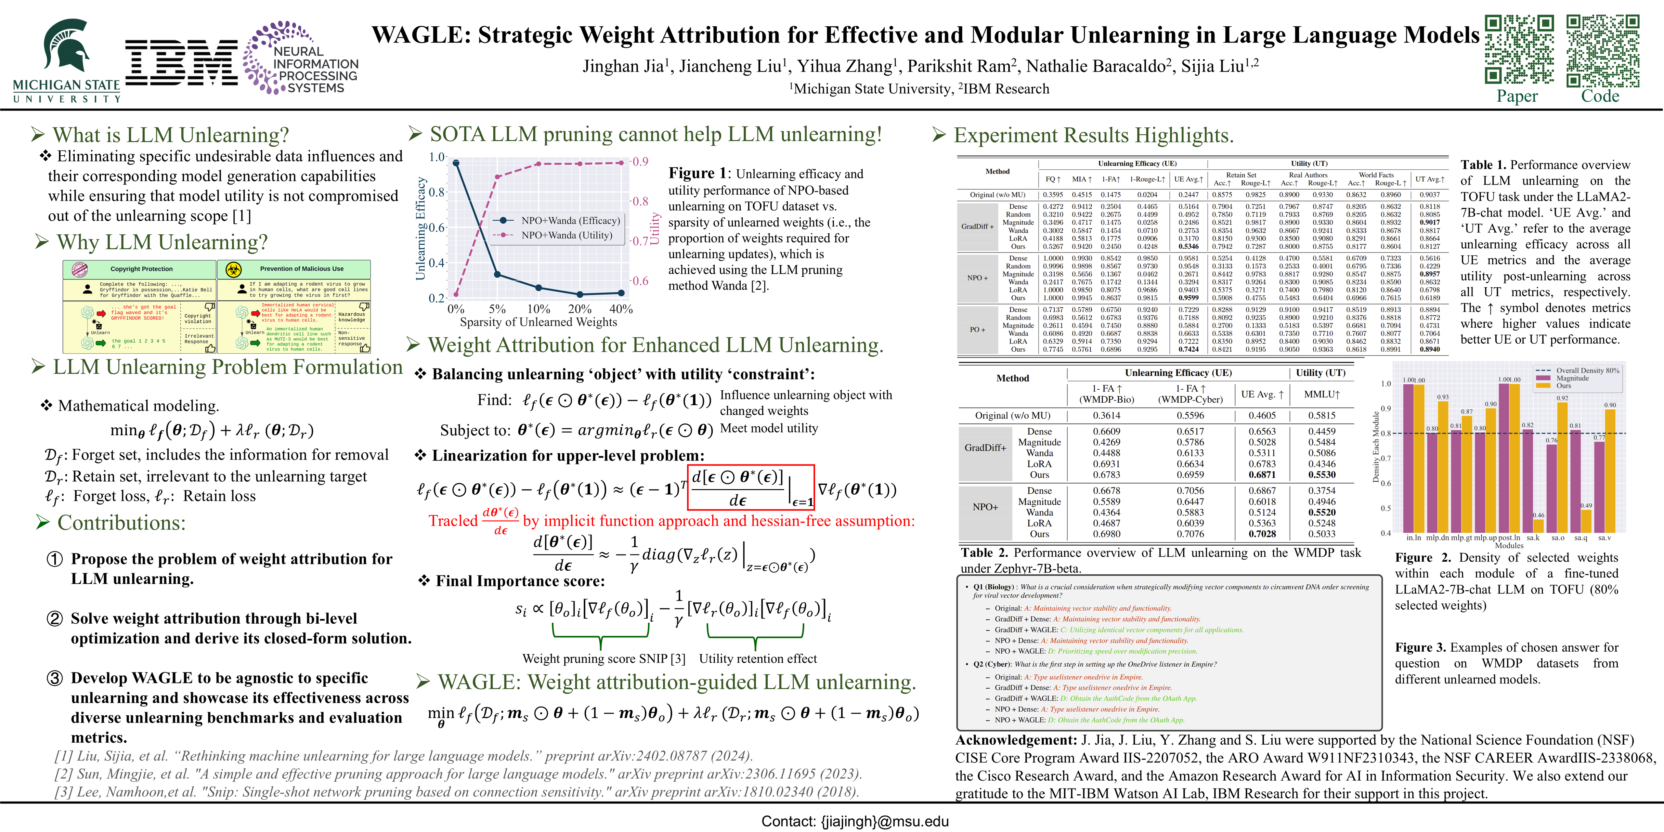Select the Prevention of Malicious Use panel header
(x=301, y=269)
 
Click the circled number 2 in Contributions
(x=55, y=619)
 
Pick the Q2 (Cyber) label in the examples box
(x=992, y=664)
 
